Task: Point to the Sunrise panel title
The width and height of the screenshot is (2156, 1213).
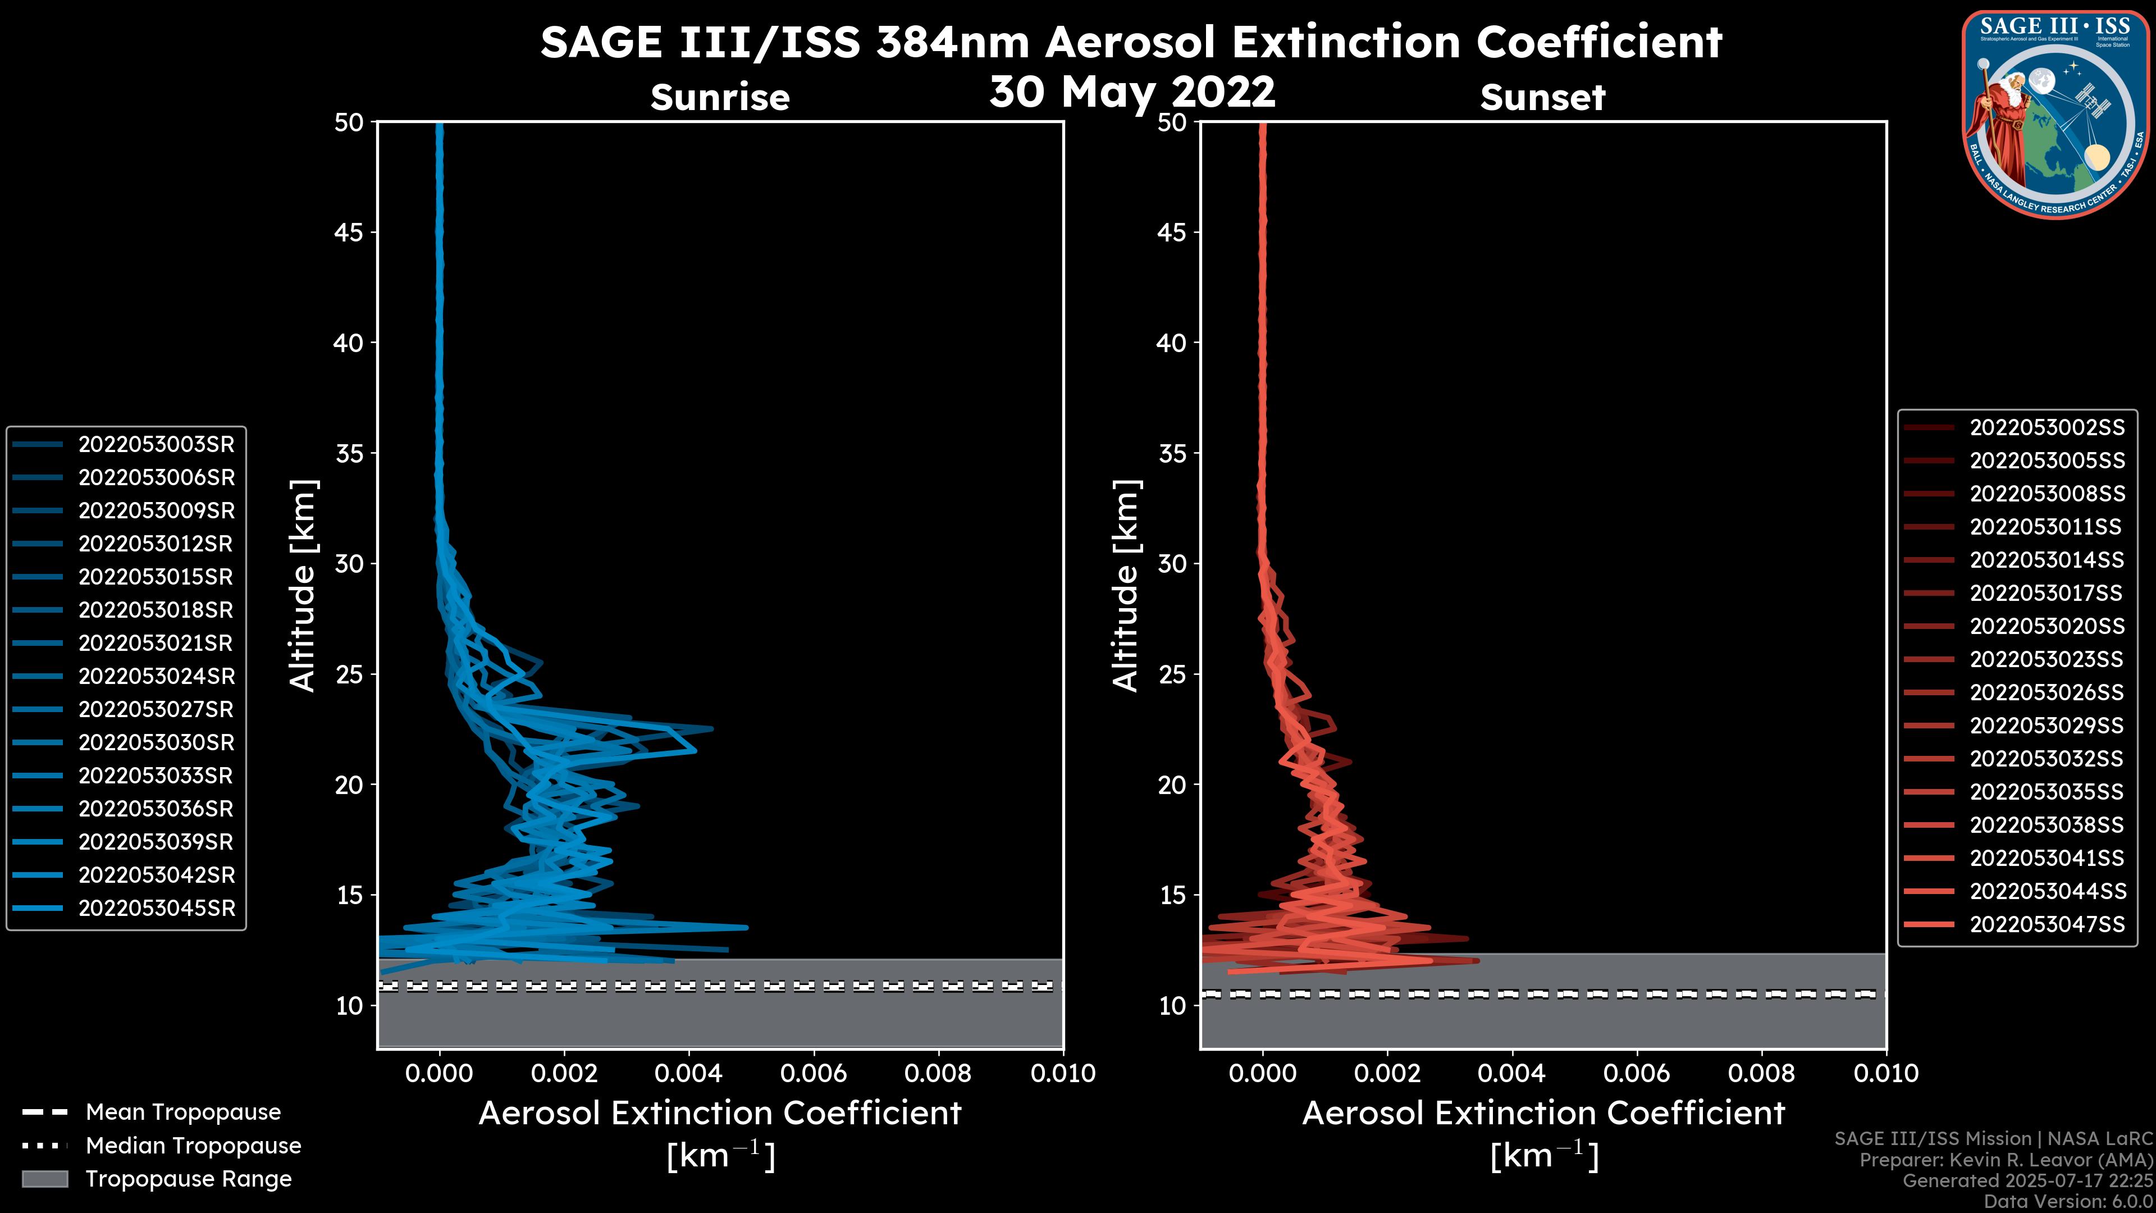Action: coord(720,98)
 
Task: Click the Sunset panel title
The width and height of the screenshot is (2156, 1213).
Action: coord(1542,98)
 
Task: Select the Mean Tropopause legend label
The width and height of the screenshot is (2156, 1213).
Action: coord(183,1112)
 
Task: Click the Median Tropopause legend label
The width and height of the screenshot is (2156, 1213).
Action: coord(193,1145)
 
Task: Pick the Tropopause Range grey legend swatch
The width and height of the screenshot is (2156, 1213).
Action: coord(44,1179)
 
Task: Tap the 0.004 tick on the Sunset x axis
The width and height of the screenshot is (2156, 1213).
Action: coord(1513,1073)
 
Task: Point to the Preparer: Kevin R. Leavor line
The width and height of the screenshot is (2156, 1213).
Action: coord(2006,1160)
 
